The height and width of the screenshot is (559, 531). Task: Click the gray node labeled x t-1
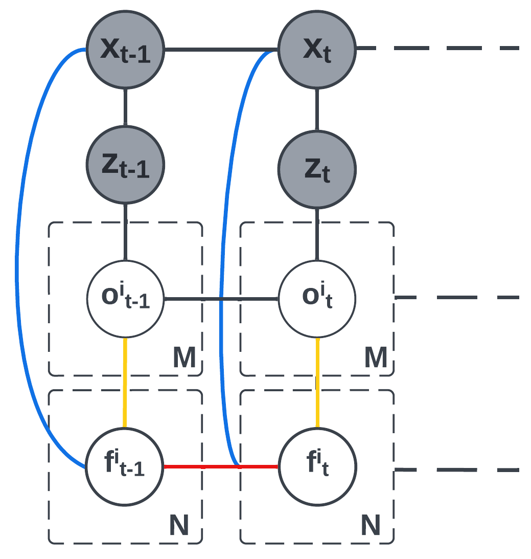click(x=125, y=50)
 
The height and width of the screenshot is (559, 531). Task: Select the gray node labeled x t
click(x=317, y=50)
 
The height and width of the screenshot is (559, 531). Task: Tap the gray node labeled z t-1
click(x=125, y=165)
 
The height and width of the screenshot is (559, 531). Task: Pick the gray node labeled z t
click(x=317, y=169)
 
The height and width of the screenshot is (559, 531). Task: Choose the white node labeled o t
click(x=317, y=299)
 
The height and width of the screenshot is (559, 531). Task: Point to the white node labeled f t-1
click(x=124, y=466)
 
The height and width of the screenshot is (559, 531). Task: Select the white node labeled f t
click(x=317, y=466)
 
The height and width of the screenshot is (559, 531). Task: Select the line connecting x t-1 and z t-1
click(x=125, y=107)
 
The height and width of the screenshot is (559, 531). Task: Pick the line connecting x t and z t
click(x=317, y=109)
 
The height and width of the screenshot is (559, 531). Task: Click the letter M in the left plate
click(x=184, y=358)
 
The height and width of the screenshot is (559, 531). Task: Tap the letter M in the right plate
click(x=376, y=358)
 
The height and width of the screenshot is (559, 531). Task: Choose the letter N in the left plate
click(x=179, y=525)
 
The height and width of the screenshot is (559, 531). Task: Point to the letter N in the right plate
click(x=371, y=525)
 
